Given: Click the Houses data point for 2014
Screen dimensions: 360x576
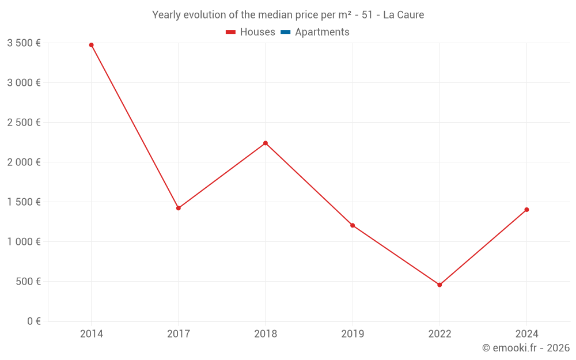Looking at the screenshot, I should pyautogui.click(x=91, y=45).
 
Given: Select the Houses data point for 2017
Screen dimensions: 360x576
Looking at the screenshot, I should pyautogui.click(x=178, y=208).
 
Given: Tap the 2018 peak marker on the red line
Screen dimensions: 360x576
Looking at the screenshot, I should pyautogui.click(x=266, y=143).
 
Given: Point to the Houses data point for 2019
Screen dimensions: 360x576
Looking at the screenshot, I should pyautogui.click(x=353, y=225).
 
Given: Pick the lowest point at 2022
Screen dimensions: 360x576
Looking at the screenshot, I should pyautogui.click(x=439, y=285).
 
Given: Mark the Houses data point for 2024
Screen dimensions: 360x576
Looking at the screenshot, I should pyautogui.click(x=526, y=210).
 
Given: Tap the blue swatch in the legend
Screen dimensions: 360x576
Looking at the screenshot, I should pyautogui.click(x=285, y=32).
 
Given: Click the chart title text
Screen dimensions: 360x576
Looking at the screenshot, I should pyautogui.click(x=288, y=15).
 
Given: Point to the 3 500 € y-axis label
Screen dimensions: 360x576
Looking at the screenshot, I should pyautogui.click(x=24, y=43).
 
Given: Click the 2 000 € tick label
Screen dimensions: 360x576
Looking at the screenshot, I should pyautogui.click(x=24, y=162).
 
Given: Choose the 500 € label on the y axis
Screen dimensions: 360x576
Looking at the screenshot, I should pyautogui.click(x=28, y=281).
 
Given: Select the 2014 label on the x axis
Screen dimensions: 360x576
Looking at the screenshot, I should pyautogui.click(x=91, y=334).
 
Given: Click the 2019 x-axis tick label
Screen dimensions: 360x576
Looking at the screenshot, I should pyautogui.click(x=353, y=334).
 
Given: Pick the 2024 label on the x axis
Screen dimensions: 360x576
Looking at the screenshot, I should pyautogui.click(x=526, y=334).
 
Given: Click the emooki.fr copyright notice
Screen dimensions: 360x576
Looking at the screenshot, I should pyautogui.click(x=525, y=348).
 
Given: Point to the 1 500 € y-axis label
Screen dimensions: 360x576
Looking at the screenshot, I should pyautogui.click(x=24, y=202).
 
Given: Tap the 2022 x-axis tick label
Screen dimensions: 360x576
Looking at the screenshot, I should pyautogui.click(x=439, y=334).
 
